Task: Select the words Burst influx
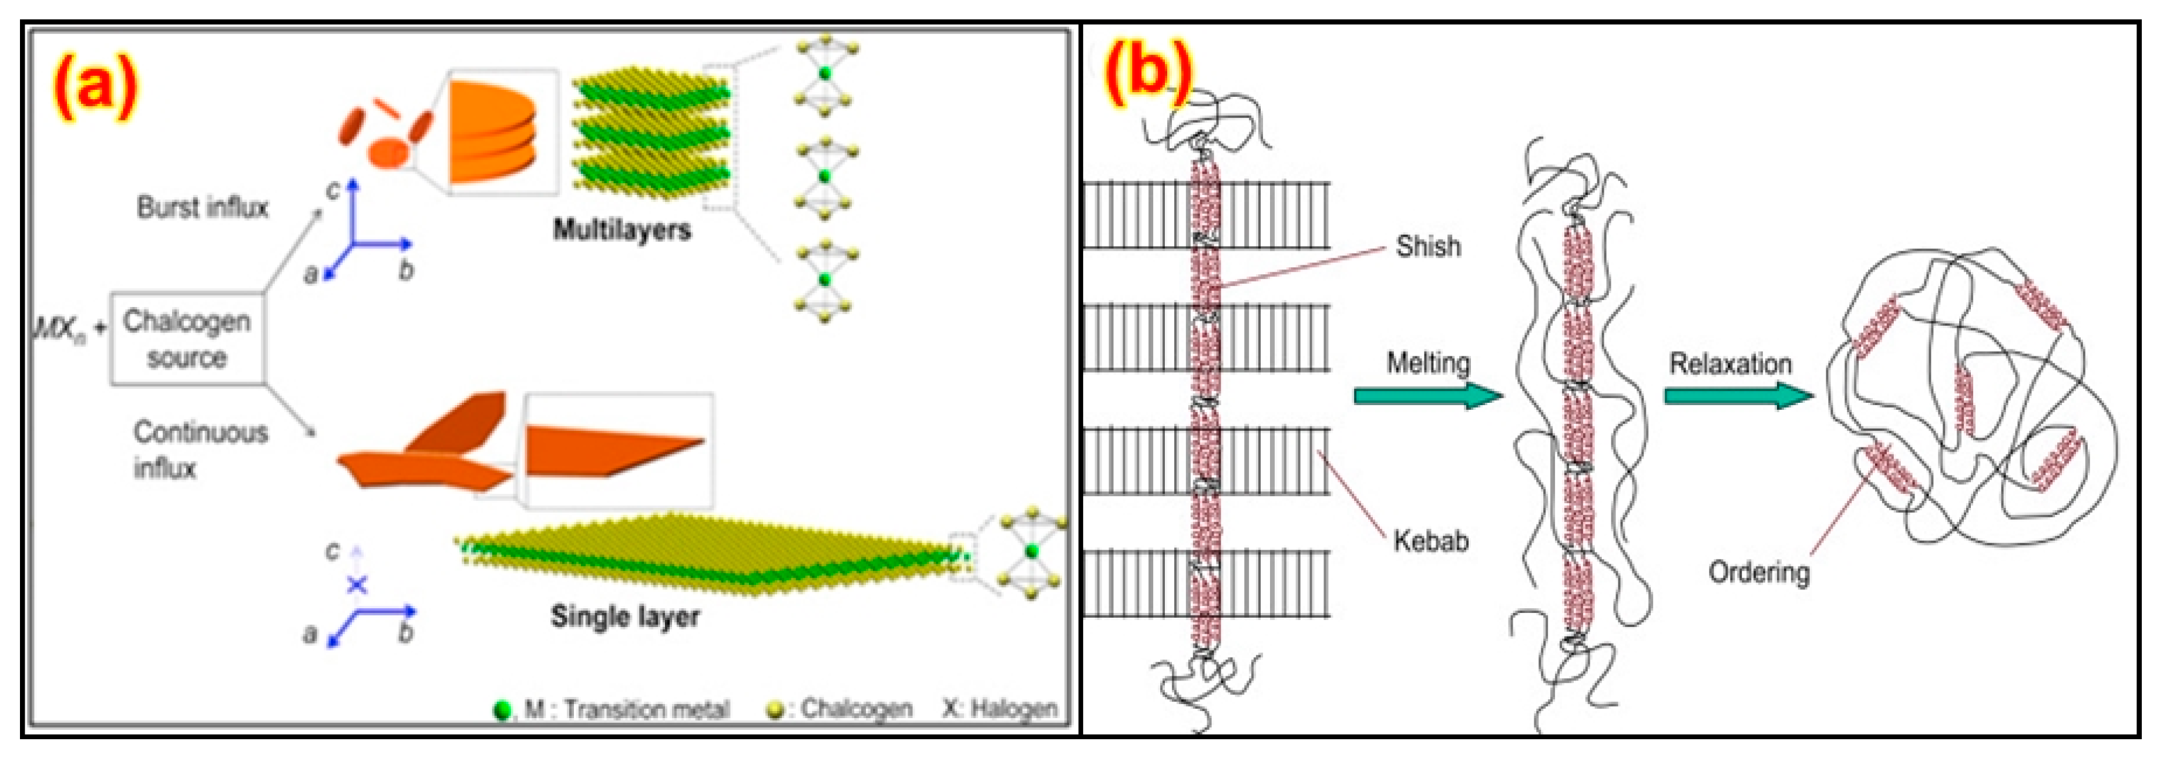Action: point(203,208)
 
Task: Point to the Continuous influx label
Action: point(200,449)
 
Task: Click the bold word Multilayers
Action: point(622,230)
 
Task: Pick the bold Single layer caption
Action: point(624,617)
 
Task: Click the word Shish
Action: point(1428,247)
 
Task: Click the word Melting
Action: point(1428,363)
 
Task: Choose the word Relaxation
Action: point(1731,364)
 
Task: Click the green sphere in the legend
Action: point(503,710)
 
